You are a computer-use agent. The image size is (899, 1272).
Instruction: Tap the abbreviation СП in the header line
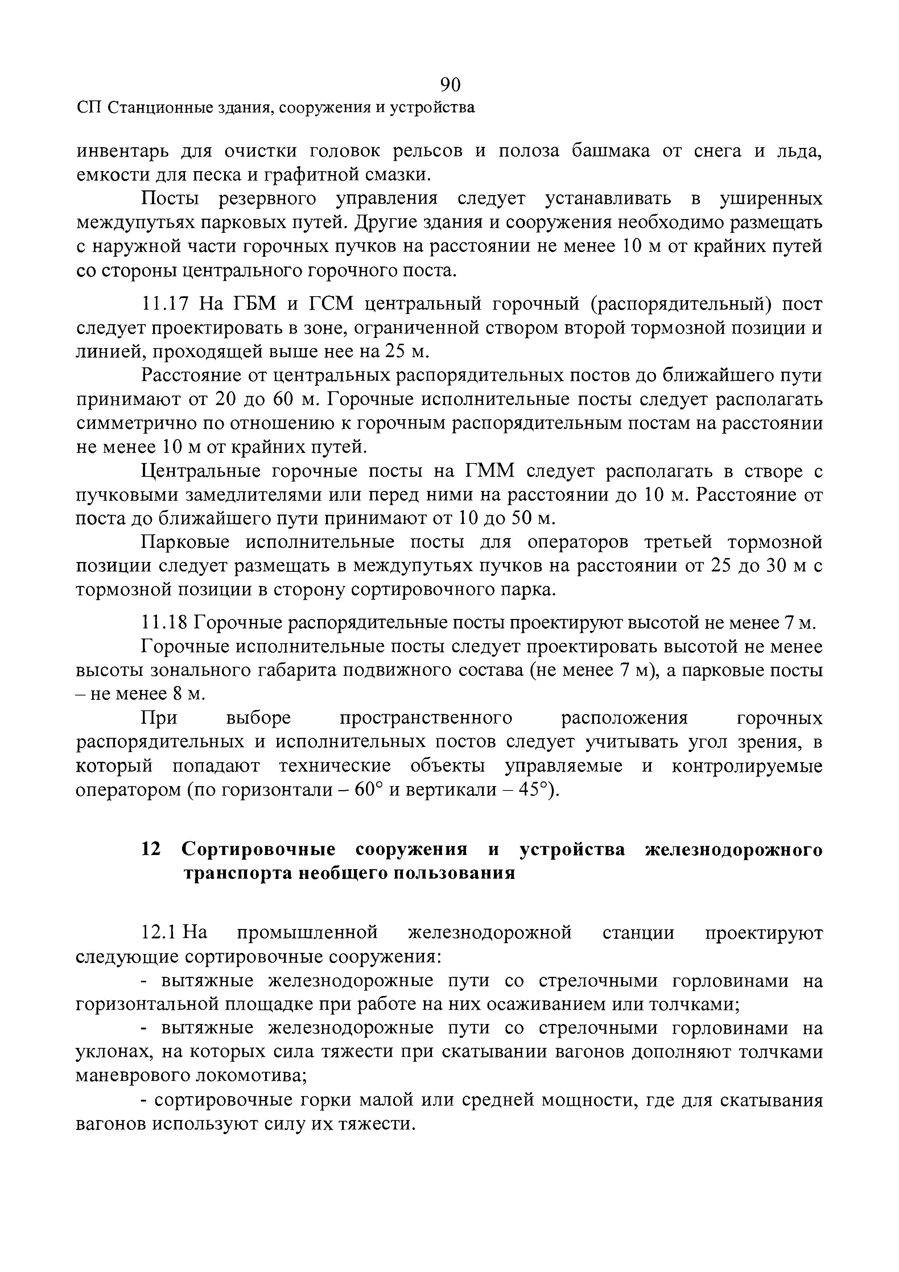click(88, 107)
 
